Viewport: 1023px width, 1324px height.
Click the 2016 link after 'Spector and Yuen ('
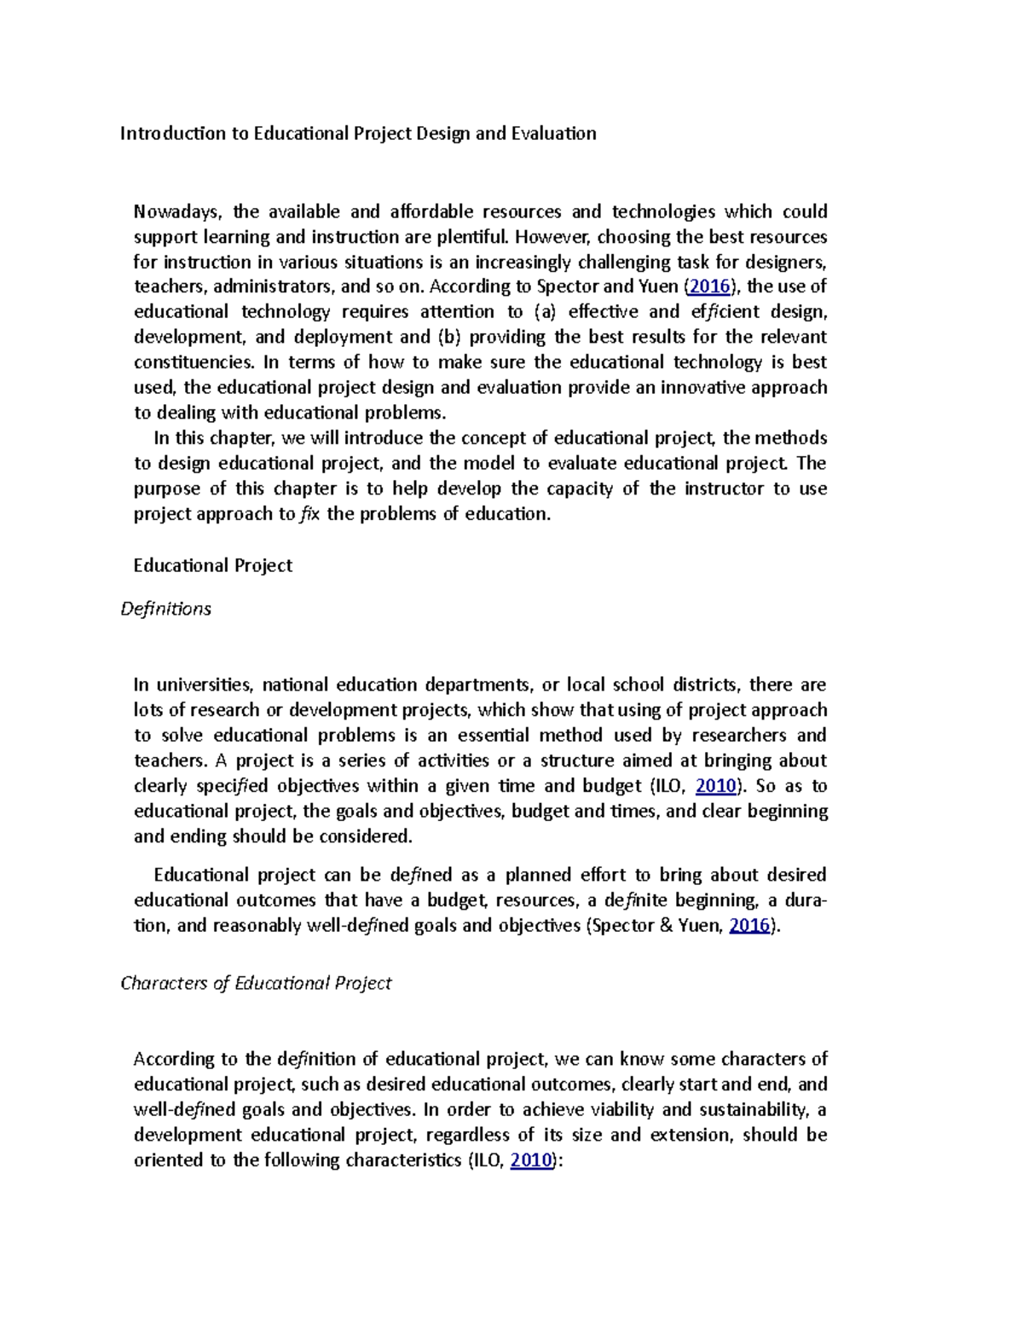point(709,286)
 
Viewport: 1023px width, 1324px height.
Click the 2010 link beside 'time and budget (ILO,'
point(716,785)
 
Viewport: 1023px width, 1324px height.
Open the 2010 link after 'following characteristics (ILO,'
point(530,1159)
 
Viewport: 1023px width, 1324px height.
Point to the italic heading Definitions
point(165,609)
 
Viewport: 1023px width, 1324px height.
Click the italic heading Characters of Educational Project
point(256,983)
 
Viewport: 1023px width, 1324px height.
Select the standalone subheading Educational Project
point(213,565)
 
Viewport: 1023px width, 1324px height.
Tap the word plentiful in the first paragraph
point(471,236)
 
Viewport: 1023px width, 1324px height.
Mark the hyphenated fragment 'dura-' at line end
point(806,900)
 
